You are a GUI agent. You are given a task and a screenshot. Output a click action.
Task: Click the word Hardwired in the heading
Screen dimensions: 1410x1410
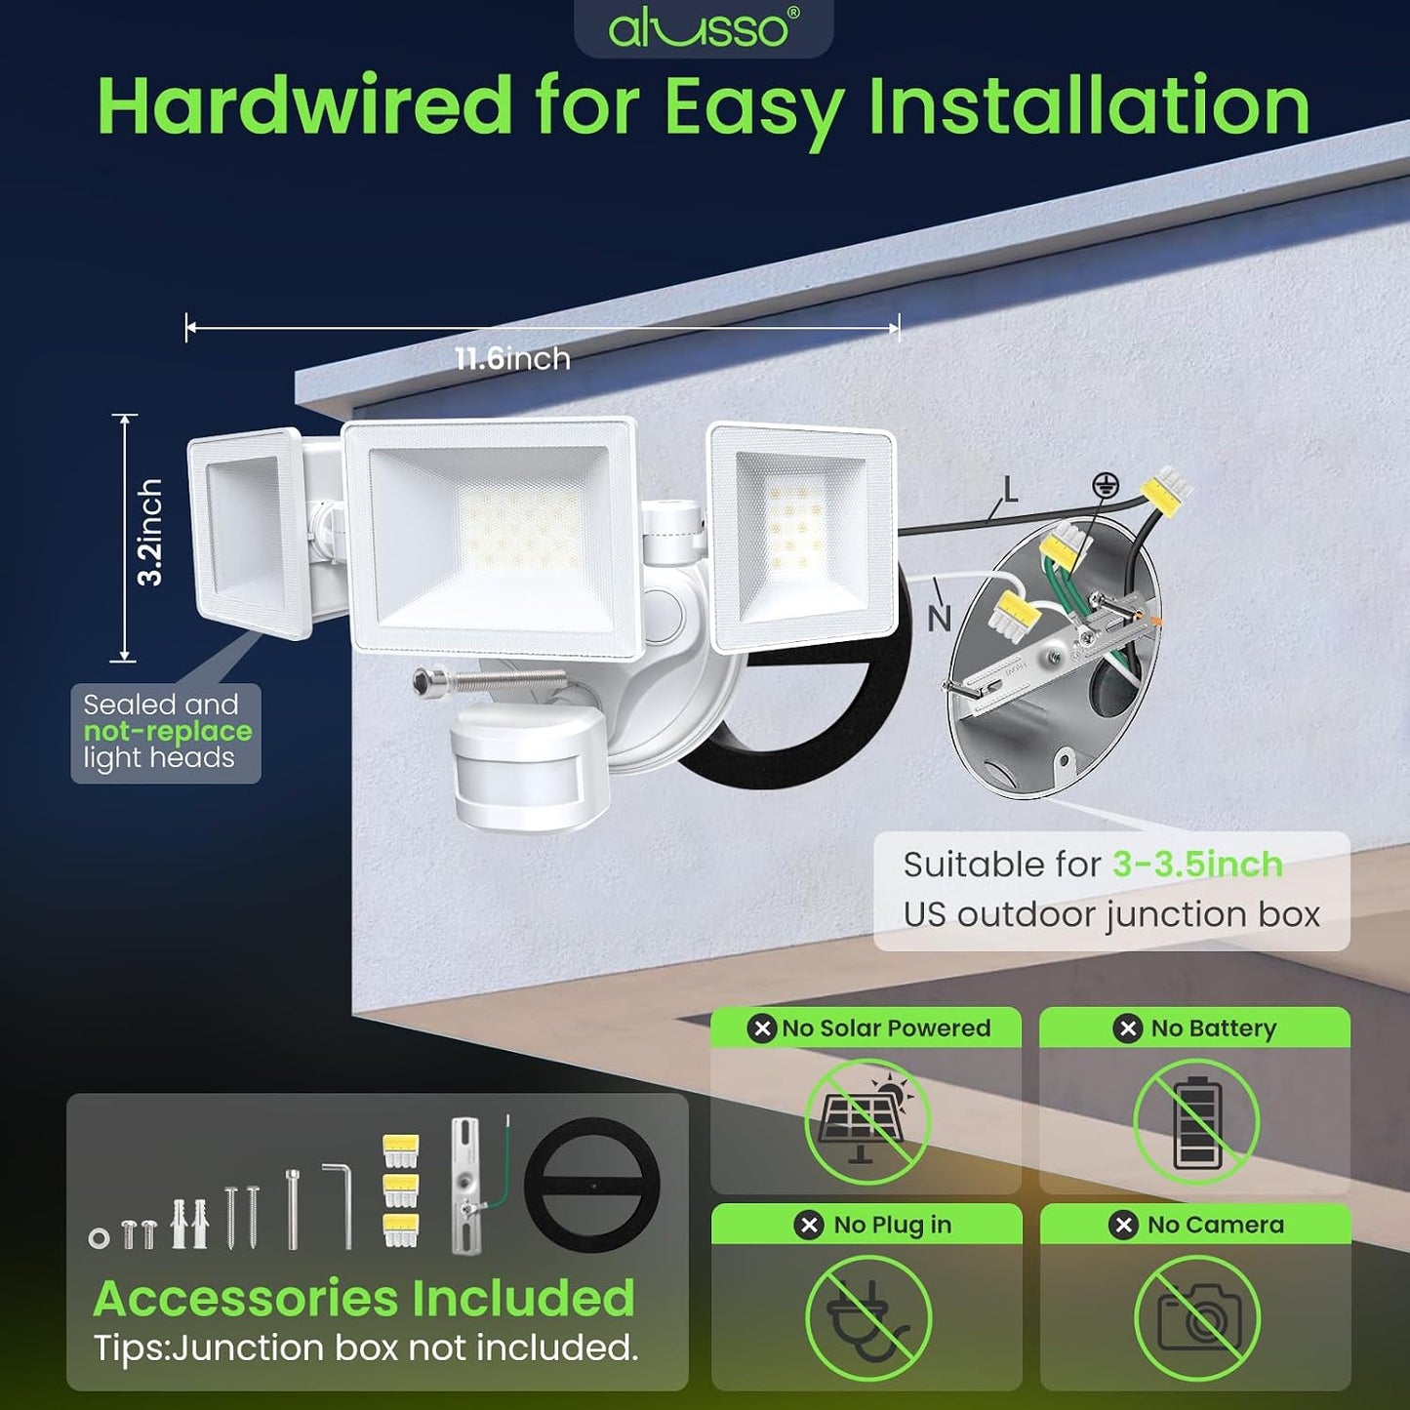click(304, 105)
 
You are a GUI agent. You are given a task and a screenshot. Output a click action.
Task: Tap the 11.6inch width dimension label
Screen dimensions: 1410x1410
click(512, 358)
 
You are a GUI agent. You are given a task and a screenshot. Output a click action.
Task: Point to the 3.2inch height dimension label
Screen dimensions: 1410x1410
click(149, 532)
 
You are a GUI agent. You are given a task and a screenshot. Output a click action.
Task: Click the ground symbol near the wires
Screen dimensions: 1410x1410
click(1105, 484)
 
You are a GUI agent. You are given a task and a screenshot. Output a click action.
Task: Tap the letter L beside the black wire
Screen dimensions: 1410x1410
click(1010, 490)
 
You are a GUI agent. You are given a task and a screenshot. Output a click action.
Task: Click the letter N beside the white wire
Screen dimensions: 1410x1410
click(939, 619)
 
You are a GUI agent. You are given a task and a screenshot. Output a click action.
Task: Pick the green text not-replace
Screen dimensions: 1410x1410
click(168, 731)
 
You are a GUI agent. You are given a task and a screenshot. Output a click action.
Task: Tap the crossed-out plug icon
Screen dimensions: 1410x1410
click(868, 1318)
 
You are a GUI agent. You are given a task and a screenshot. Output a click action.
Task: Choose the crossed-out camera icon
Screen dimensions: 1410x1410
click(1197, 1318)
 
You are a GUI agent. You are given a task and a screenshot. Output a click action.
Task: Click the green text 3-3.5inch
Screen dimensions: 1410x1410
click(1198, 865)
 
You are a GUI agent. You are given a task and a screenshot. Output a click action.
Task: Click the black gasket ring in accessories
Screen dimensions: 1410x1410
click(592, 1186)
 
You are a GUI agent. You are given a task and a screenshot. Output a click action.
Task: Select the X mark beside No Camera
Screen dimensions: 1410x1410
click(1123, 1225)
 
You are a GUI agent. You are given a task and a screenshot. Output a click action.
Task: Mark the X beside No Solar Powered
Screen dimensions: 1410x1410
click(762, 1028)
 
